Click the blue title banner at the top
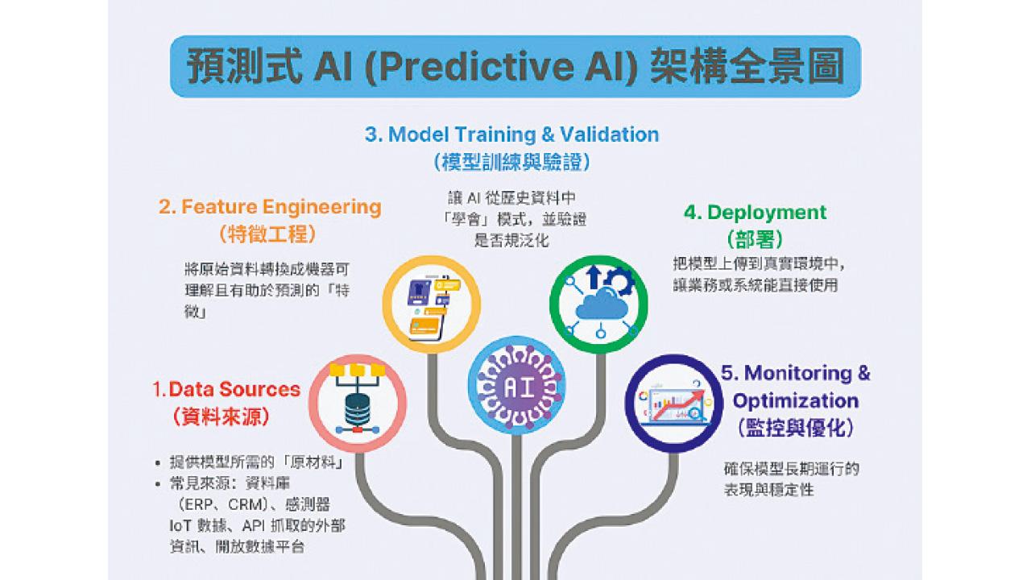pyautogui.click(x=515, y=66)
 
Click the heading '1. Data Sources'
pyautogui.click(x=226, y=390)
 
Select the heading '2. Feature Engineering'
pyautogui.click(x=270, y=207)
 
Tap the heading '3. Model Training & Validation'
pyautogui.click(x=511, y=135)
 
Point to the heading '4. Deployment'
pyautogui.click(x=755, y=213)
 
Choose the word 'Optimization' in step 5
pyautogui.click(x=796, y=400)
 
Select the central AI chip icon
pyautogui.click(x=516, y=386)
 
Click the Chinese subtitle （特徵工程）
pyautogui.click(x=267, y=234)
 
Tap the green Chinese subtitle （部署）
pyautogui.click(x=755, y=239)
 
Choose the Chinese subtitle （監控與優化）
pyautogui.click(x=795, y=427)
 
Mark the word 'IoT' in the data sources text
pyautogui.click(x=181, y=525)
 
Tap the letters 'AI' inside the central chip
pyautogui.click(x=516, y=387)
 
